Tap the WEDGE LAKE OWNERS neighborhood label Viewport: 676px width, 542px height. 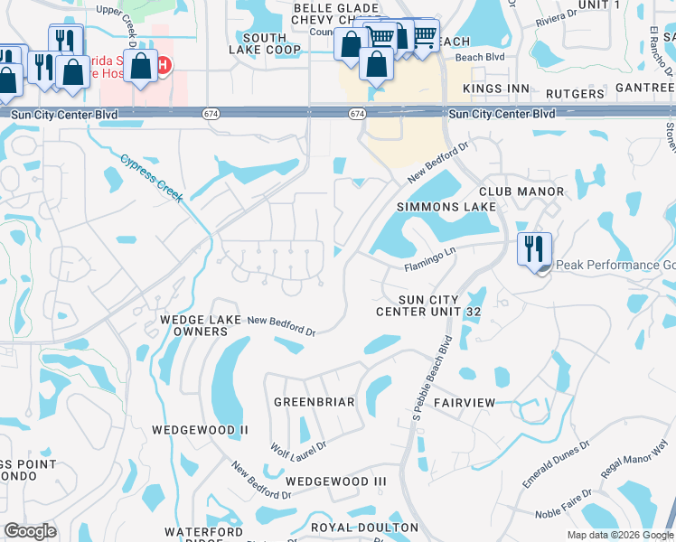coord(194,325)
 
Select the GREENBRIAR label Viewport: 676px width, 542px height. coord(314,401)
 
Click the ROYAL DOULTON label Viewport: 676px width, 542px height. coord(364,527)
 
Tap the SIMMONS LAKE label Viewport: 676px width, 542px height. coord(446,207)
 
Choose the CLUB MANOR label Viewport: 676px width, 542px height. coord(521,192)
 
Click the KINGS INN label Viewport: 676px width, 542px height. coord(495,89)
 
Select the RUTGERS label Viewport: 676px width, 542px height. coord(575,94)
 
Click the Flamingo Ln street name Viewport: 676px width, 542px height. coord(433,264)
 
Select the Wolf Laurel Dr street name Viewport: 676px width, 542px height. coord(298,445)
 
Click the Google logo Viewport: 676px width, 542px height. coord(30,531)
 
